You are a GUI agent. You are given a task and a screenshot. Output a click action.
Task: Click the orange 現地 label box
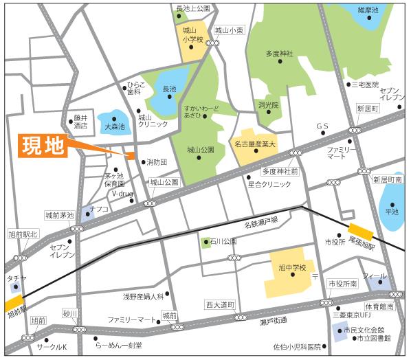pyautogui.click(x=42, y=147)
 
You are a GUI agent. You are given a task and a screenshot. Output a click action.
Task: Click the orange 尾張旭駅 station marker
pyautogui.click(x=360, y=231)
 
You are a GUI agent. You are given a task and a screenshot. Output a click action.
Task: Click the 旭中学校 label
pyautogui.click(x=291, y=267)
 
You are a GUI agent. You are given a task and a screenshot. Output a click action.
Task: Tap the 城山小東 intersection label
pyautogui.click(x=229, y=30)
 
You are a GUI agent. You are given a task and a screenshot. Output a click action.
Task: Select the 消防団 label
pyautogui.click(x=156, y=163)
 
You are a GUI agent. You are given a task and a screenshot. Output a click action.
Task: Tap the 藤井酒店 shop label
pyautogui.click(x=81, y=122)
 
